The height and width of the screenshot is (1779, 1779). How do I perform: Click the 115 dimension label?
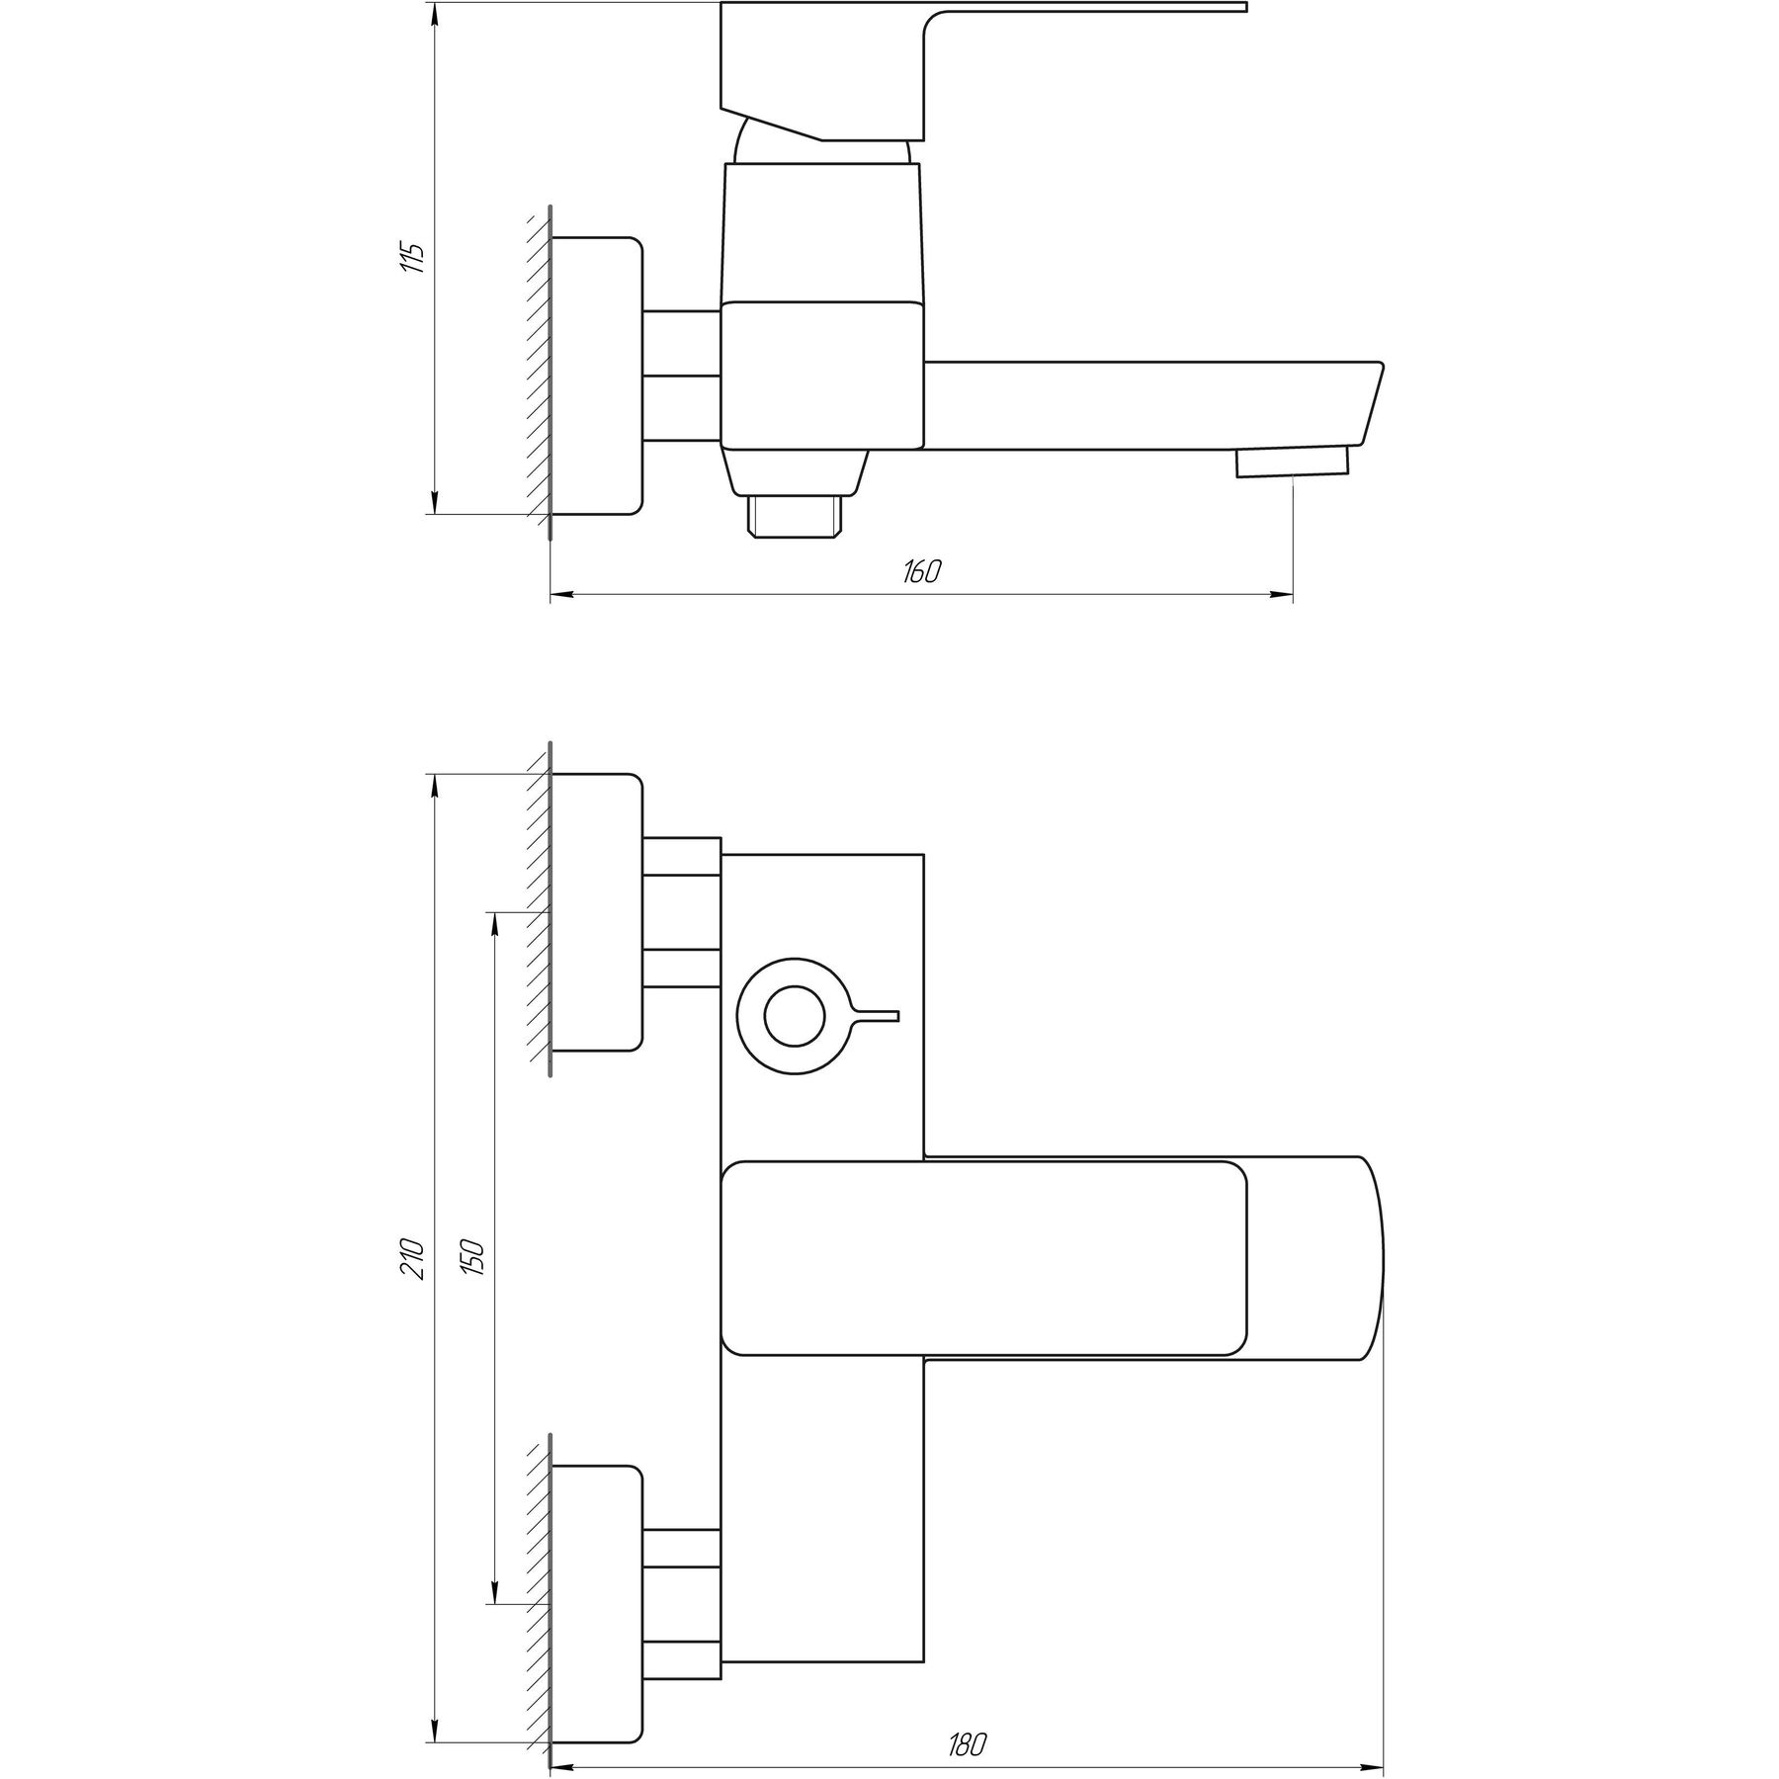[414, 257]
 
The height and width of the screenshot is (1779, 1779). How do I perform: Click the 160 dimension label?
[921, 571]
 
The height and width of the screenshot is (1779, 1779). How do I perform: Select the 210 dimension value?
[414, 1257]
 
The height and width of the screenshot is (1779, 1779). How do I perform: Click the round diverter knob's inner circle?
[796, 1017]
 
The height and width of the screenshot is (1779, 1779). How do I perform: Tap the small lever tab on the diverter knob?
[877, 1016]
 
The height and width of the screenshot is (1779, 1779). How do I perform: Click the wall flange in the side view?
[597, 376]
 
